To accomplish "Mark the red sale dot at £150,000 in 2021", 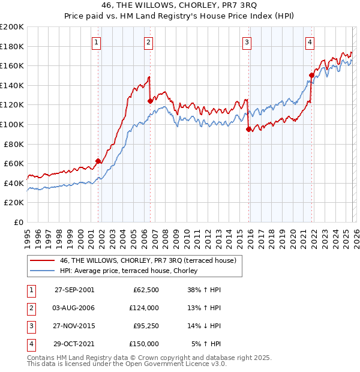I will [x=311, y=75].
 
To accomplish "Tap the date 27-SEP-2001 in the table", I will [x=74, y=289].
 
